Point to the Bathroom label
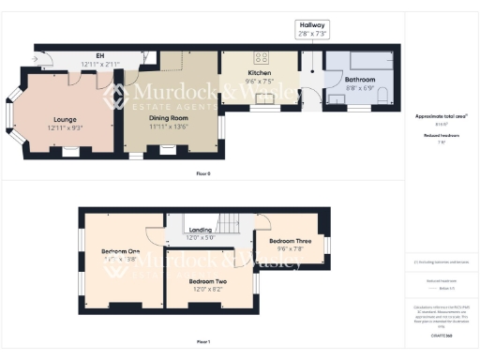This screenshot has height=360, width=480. pos(359,80)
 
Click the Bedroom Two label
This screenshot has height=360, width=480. pos(209,281)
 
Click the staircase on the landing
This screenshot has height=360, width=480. pos(230,224)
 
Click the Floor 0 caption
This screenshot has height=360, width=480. pos(203,173)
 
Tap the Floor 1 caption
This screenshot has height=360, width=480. pos(203,342)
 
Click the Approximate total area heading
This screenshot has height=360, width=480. pos(441,116)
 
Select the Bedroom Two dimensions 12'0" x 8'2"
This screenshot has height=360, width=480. pos(209,289)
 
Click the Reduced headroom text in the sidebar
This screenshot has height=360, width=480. pos(441,135)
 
